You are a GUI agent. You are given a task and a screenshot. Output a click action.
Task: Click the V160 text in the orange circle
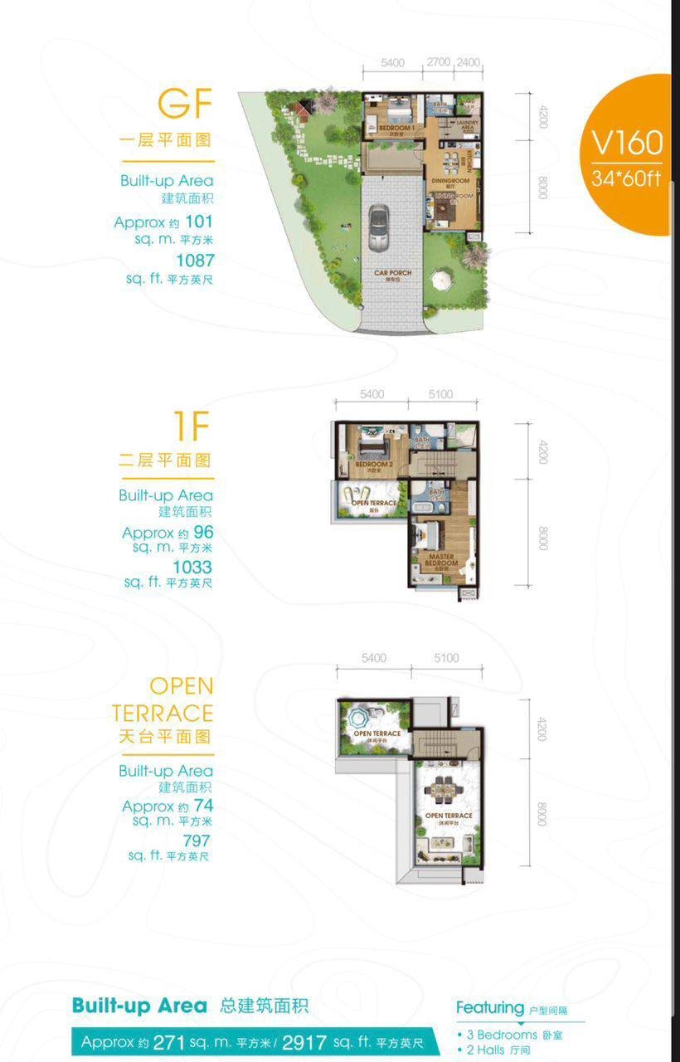(627, 143)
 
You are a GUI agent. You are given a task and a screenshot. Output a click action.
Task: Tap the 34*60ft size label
(627, 178)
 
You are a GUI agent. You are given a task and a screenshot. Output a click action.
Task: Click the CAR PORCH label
(392, 274)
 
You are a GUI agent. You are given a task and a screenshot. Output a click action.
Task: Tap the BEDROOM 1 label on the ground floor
(396, 129)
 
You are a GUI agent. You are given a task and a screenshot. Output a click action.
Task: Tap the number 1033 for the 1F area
(192, 567)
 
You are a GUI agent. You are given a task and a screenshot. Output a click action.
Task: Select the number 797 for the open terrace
(192, 840)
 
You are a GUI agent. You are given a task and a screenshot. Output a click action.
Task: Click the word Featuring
(489, 1007)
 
